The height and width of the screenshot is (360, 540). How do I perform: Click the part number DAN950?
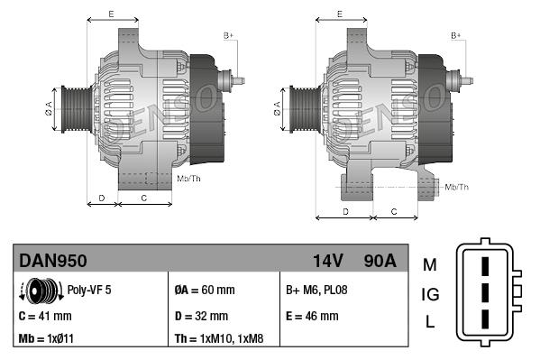coord(53,261)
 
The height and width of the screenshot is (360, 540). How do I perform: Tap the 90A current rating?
coord(378,261)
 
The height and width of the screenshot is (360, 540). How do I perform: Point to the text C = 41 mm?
coord(45,317)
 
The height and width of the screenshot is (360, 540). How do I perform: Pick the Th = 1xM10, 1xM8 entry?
coord(220,340)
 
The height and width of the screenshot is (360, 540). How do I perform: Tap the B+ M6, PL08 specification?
coord(316,291)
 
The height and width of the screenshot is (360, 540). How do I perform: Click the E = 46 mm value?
coord(312,317)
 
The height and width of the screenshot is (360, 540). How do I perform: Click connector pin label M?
coord(429,264)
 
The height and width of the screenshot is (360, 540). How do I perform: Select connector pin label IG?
coord(429,294)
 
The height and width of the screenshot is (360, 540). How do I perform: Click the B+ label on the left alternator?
coord(228,35)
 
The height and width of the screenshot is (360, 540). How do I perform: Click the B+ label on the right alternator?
coord(455,35)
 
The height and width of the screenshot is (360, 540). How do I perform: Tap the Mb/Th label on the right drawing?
coord(457,187)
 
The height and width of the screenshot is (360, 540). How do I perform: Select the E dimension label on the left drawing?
coord(110,14)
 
